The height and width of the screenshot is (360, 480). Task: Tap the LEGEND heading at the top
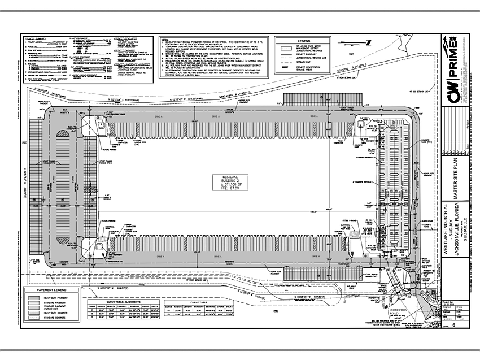[x=304, y=41]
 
